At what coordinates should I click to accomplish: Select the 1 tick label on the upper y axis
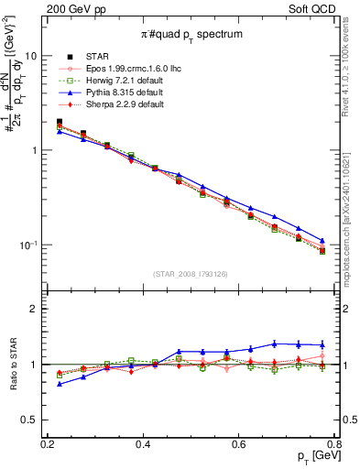[x=33, y=150]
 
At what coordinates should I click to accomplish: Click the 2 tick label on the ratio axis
[x=33, y=310]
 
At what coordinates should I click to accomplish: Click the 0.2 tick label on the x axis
[x=48, y=445]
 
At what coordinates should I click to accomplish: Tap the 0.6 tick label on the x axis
[x=239, y=445]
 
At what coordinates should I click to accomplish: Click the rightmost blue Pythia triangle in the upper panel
[x=322, y=240]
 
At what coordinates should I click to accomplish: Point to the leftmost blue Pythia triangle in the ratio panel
[x=60, y=384]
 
